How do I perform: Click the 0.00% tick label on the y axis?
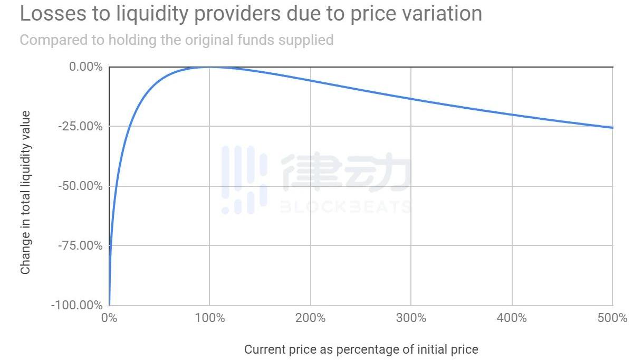click(85, 67)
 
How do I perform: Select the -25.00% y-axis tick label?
click(81, 126)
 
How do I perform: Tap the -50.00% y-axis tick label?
click(81, 186)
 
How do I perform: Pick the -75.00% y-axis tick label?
click(81, 245)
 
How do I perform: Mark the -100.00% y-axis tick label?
click(77, 305)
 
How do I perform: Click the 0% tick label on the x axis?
click(109, 318)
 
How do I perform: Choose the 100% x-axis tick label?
click(209, 318)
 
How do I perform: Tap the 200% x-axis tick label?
click(310, 318)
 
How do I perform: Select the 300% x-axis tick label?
click(411, 318)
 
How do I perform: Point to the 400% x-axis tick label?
click(512, 318)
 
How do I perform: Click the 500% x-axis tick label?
click(612, 318)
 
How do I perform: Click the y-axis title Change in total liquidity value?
click(25, 193)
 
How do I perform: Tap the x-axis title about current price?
click(361, 349)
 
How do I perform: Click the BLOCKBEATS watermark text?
click(345, 206)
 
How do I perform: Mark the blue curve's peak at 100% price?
click(209, 67)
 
